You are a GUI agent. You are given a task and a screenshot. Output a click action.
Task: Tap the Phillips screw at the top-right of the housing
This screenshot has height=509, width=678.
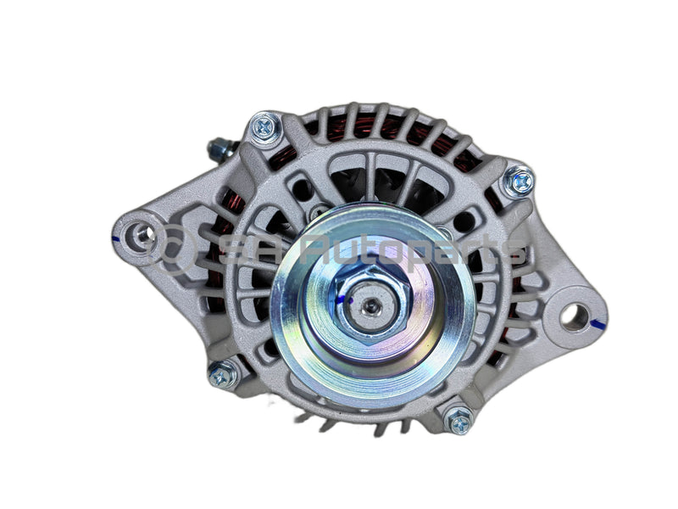518,181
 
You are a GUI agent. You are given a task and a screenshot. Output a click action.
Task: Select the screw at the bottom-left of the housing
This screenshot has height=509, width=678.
224,374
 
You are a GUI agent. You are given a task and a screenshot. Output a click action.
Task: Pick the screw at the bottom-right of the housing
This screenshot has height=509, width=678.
458,419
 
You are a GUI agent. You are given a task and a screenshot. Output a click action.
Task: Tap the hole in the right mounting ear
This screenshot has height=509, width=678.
575,316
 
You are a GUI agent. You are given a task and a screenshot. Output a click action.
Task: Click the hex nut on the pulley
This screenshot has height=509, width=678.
371,296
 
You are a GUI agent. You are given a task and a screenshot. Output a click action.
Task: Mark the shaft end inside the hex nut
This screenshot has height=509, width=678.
371,299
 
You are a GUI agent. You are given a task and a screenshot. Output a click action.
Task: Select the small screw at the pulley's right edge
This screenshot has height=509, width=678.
445,233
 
